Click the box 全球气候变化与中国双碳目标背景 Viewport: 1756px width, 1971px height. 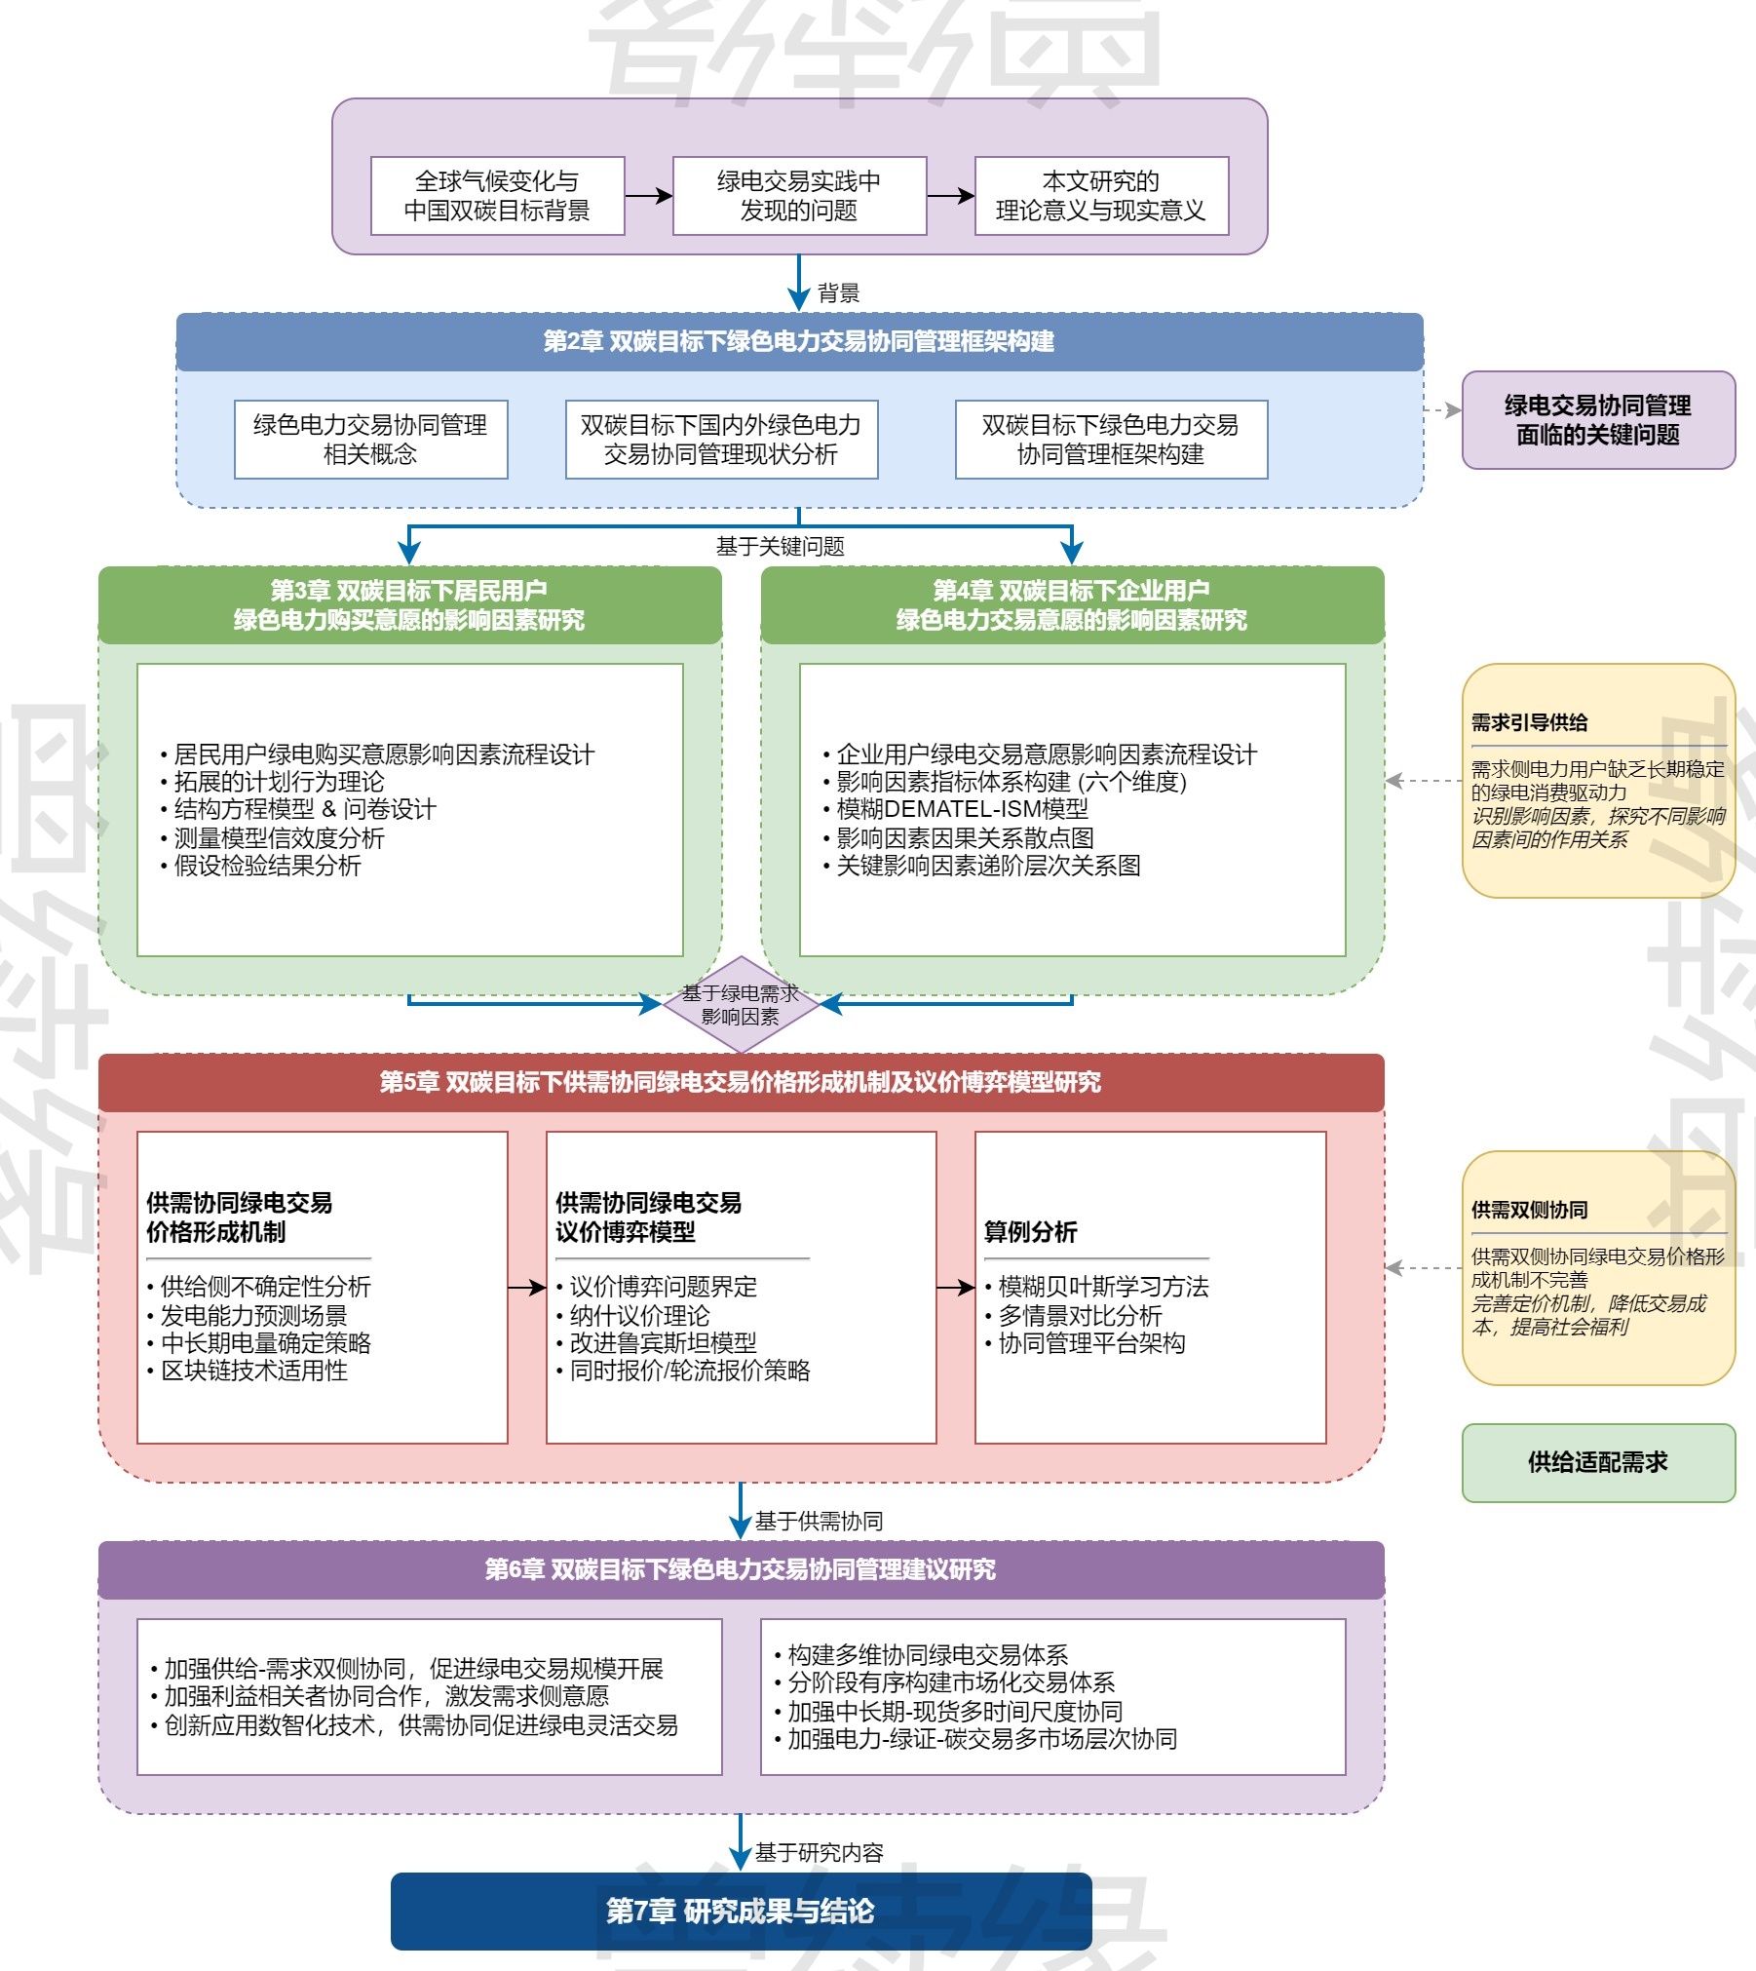(497, 196)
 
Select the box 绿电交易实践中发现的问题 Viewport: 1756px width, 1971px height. (799, 196)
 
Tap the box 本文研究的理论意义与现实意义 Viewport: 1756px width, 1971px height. (1101, 196)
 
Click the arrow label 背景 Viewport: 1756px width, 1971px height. (838, 293)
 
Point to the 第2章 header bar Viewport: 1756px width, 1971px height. (799, 341)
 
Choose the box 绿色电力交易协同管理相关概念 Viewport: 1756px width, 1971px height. (370, 440)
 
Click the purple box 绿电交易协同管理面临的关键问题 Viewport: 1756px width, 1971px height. (1598, 420)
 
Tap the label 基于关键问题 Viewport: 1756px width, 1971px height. (780, 547)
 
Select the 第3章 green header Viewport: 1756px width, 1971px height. (409, 604)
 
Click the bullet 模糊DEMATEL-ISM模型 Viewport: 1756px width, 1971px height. (962, 809)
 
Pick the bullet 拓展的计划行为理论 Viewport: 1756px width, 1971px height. (279, 782)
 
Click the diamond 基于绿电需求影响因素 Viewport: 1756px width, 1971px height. (741, 1005)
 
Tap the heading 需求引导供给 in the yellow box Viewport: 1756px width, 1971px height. (1529, 723)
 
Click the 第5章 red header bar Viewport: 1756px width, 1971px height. (741, 1082)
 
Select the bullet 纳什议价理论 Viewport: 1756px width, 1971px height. (639, 1316)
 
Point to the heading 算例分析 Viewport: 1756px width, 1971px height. (1030, 1232)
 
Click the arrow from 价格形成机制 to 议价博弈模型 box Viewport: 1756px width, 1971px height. (526, 1288)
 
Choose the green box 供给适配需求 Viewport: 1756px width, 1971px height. (1598, 1462)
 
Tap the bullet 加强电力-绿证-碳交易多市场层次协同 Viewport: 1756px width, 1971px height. (982, 1739)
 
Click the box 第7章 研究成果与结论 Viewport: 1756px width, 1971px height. (741, 1911)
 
